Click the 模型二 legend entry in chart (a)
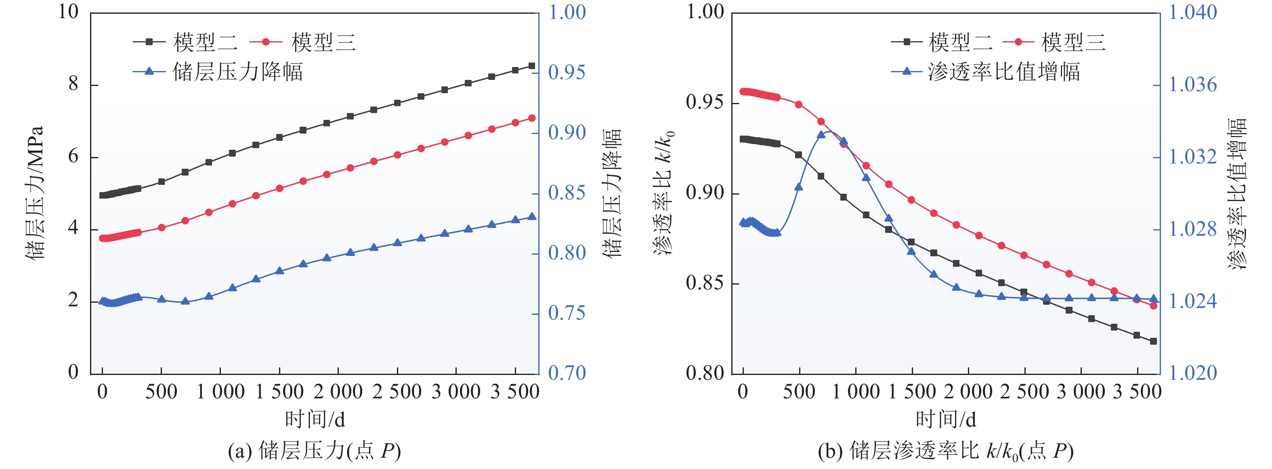[x=186, y=42]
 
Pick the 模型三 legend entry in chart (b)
[x=1054, y=42]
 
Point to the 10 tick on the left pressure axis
[x=68, y=12]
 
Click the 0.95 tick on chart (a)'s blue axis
[x=567, y=73]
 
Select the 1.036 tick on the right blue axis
[x=1192, y=85]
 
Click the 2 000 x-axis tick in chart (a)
[x=338, y=392]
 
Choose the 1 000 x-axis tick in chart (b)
[x=856, y=392]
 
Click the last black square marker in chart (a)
[x=532, y=66]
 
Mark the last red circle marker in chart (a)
[x=532, y=118]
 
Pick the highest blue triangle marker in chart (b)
[x=821, y=135]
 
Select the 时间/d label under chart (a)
[x=315, y=420]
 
